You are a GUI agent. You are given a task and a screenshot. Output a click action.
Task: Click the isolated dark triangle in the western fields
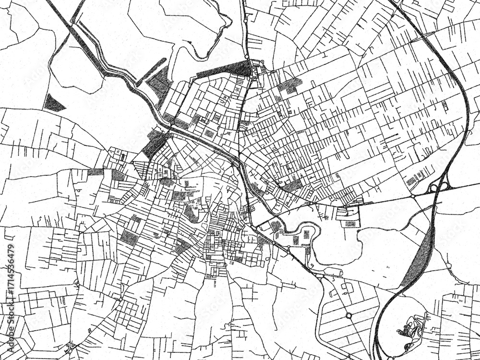coord(54,103)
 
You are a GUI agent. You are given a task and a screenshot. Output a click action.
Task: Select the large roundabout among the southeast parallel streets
coord(348,315)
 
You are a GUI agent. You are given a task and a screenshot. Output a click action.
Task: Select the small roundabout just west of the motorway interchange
coord(412,196)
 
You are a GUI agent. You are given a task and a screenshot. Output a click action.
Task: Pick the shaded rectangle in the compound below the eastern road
coord(351,223)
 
